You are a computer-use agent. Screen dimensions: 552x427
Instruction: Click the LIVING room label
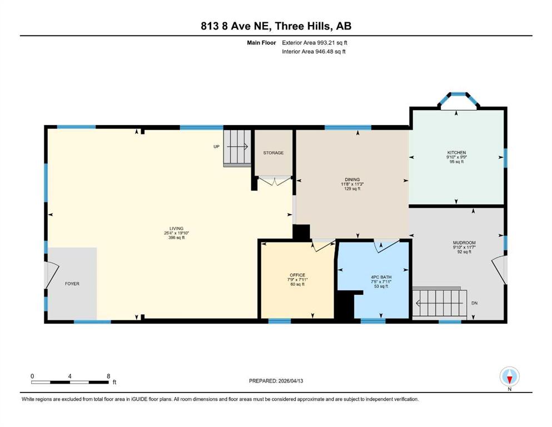point(176,229)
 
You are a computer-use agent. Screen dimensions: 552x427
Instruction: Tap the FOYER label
point(72,284)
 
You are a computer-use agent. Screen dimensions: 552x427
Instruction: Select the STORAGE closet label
point(273,153)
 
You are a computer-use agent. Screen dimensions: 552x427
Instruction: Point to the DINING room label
point(352,180)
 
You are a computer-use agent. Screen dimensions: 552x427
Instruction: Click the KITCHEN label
point(456,153)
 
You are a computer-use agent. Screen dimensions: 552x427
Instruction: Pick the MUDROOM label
point(464,242)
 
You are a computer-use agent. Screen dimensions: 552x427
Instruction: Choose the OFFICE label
point(297,275)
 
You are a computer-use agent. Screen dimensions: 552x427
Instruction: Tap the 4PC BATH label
point(381,277)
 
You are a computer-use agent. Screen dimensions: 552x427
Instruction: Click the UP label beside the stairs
point(216,147)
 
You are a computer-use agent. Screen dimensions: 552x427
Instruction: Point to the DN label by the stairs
point(475,303)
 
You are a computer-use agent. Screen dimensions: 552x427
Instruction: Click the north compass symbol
point(509,376)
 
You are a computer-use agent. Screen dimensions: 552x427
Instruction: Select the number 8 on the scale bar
point(108,376)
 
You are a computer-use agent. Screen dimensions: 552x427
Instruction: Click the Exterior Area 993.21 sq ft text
point(315,43)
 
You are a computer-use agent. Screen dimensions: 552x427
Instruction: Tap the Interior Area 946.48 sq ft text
point(314,51)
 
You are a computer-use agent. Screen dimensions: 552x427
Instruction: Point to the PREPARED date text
point(276,381)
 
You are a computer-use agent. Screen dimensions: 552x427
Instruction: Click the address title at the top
point(276,26)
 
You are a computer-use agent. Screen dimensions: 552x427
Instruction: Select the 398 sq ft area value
point(176,237)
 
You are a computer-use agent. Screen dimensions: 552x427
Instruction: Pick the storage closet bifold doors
point(275,181)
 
